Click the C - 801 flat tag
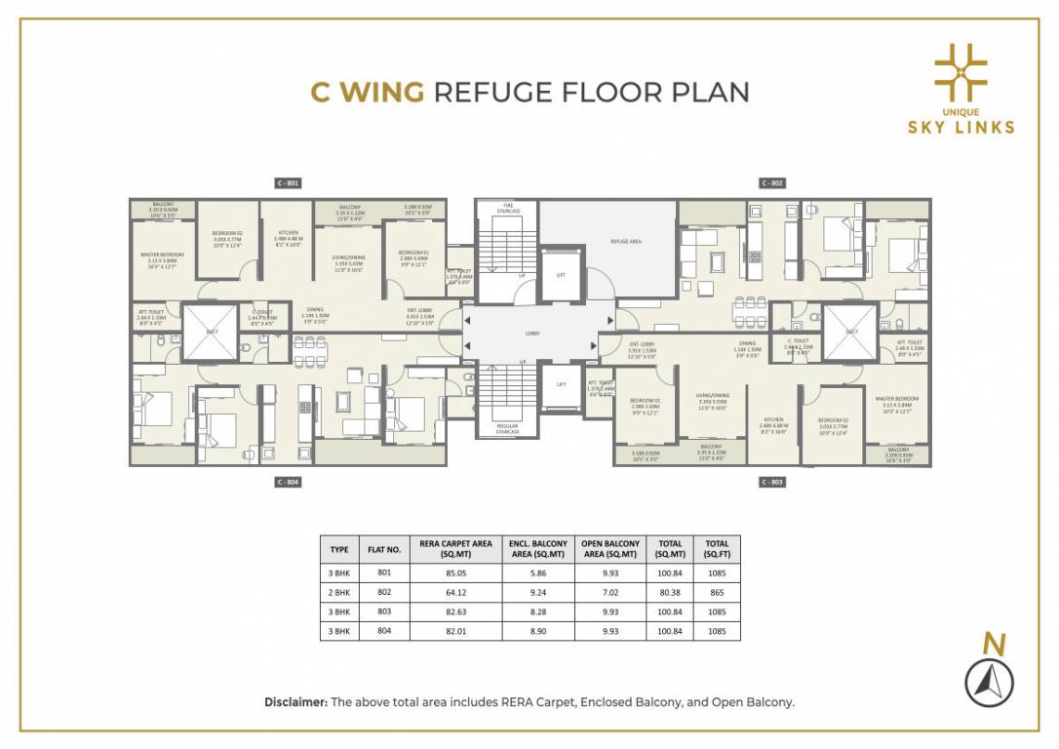coord(287,182)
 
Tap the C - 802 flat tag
coord(772,182)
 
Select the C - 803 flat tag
coord(772,482)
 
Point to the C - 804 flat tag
coord(287,482)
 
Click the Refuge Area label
coord(625,240)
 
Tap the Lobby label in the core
coord(532,334)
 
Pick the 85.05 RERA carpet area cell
coord(453,573)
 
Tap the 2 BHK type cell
coord(339,591)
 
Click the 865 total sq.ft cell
coord(717,591)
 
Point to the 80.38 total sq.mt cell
coord(670,591)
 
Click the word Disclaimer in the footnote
coord(295,701)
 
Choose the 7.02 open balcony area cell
coord(610,591)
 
